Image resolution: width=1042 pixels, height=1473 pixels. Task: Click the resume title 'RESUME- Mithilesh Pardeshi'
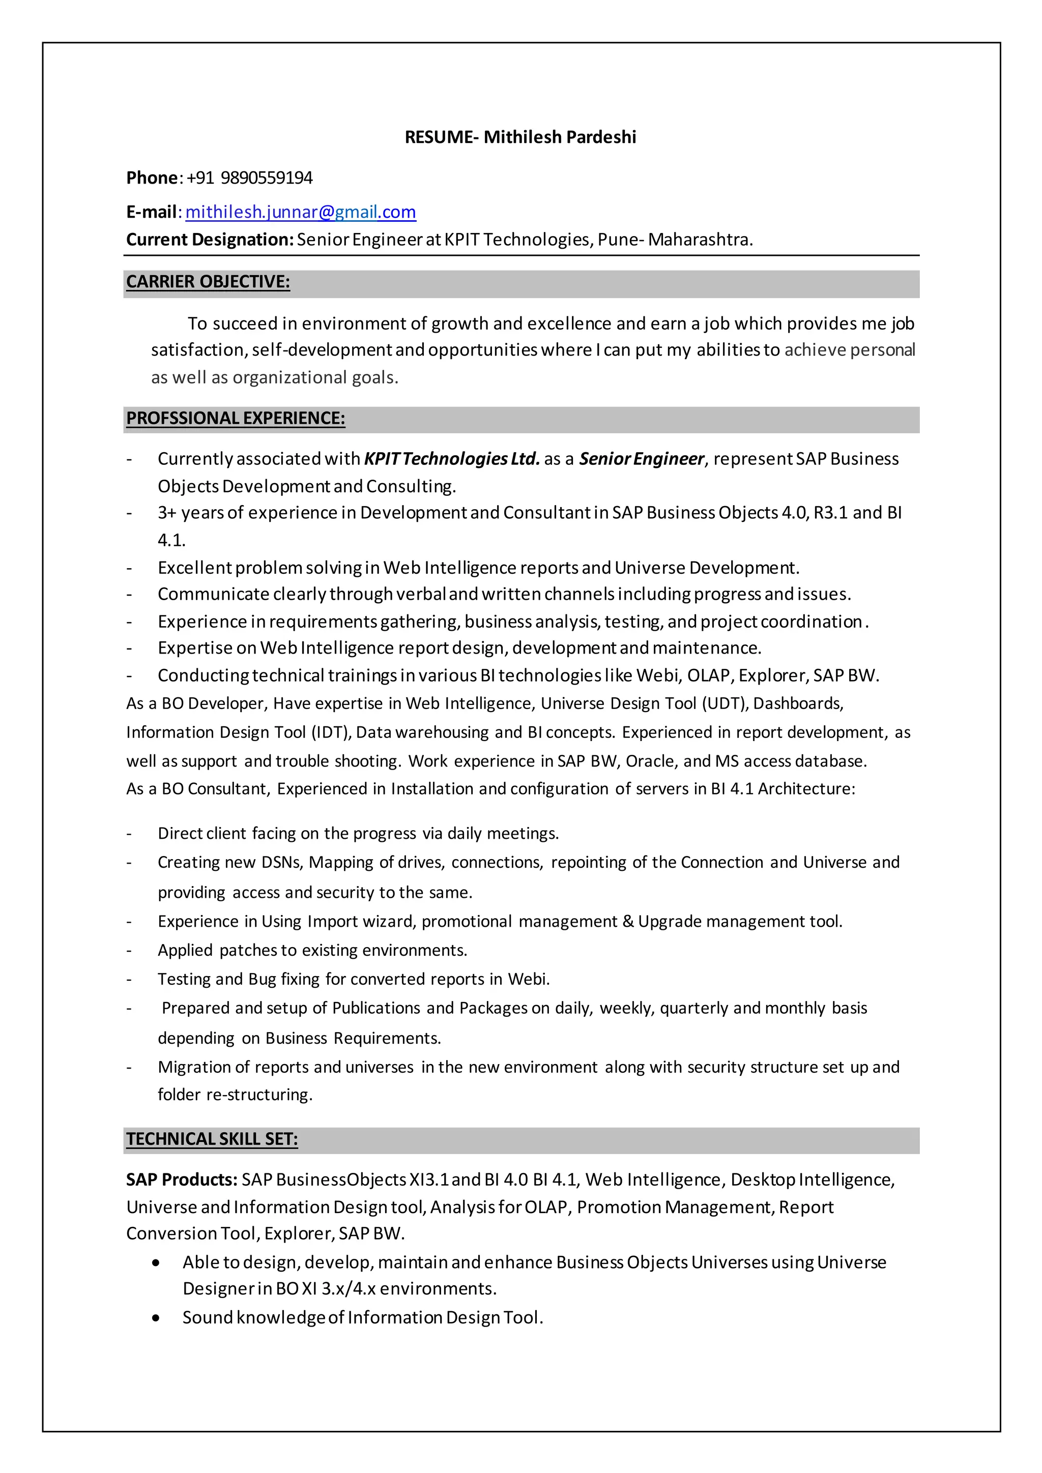pyautogui.click(x=520, y=137)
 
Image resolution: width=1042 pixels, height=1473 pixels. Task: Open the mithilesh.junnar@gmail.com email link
pyautogui.click(x=300, y=212)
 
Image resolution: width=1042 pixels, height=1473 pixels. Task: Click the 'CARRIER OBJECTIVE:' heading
pyautogui.click(x=208, y=282)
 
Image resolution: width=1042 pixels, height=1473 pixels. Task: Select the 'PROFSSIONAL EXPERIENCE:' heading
pyautogui.click(x=236, y=418)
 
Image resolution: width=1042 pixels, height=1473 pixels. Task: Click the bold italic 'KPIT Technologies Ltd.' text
pyautogui.click(x=452, y=459)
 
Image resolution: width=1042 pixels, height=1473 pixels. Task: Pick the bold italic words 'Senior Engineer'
pyautogui.click(x=641, y=459)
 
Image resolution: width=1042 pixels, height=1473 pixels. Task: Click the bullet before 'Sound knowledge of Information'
pyautogui.click(x=156, y=1318)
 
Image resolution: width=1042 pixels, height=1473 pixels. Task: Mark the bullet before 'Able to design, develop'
pyautogui.click(x=156, y=1262)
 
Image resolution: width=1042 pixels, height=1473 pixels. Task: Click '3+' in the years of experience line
pyautogui.click(x=167, y=513)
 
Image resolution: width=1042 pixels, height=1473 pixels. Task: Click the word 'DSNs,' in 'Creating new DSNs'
pyautogui.click(x=282, y=862)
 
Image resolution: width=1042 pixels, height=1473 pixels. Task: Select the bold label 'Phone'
pyautogui.click(x=152, y=178)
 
